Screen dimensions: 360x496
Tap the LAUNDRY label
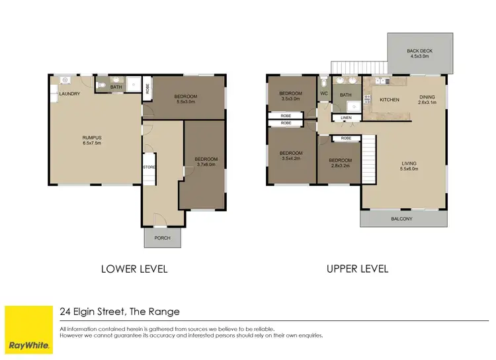tap(69, 94)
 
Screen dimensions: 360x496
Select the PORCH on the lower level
tap(162, 238)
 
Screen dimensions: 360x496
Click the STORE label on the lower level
tap(149, 167)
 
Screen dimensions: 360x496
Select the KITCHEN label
tap(390, 100)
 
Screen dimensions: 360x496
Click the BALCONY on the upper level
tap(401, 219)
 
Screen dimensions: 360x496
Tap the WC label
tap(324, 94)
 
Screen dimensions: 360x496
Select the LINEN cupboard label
tap(346, 118)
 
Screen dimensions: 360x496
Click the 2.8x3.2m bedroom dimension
tap(341, 166)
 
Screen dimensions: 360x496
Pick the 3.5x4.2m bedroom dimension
tap(290, 159)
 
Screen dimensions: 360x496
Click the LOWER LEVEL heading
tap(134, 269)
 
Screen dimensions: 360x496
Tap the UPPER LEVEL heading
tap(357, 269)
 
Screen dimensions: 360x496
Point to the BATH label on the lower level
tap(116, 87)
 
